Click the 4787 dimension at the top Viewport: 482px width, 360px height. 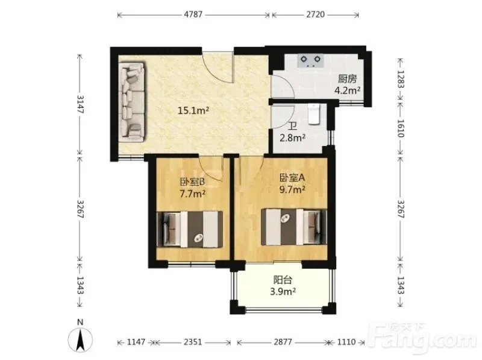pos(193,14)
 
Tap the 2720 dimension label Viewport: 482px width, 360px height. pos(315,14)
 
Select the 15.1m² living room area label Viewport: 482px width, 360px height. pos(193,110)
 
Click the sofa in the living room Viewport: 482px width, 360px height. pos(132,102)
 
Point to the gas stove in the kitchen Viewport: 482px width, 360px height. pos(310,60)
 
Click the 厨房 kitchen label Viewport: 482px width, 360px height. pos(348,79)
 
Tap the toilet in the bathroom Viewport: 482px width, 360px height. pos(314,114)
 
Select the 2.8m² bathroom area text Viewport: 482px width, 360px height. pos(292,137)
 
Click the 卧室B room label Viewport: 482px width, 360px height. pos(192,182)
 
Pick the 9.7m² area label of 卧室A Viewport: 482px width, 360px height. pos(292,189)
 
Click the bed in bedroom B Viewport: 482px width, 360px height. pos(190,229)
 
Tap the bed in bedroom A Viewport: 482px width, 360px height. pos(294,227)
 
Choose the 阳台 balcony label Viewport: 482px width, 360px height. pos(283,280)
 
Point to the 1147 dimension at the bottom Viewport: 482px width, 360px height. pos(136,342)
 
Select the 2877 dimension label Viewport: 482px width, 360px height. pos(283,342)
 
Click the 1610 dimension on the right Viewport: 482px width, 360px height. pos(401,128)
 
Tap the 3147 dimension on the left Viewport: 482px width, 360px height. pos(80,104)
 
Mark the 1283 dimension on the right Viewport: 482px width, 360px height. pos(401,80)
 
